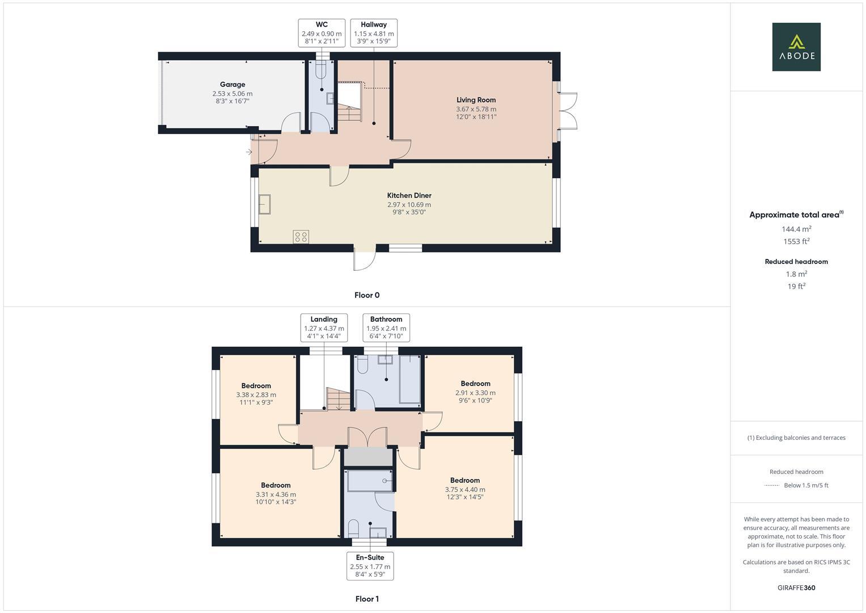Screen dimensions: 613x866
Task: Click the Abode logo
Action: pos(796,47)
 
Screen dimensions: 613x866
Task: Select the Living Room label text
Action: pos(476,100)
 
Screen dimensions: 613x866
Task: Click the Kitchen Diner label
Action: pos(409,195)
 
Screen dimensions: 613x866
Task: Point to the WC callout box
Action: pos(322,33)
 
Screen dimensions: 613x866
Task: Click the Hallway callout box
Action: pos(373,33)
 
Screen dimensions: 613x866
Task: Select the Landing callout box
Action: pos(324,328)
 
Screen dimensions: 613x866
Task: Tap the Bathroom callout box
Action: pos(386,328)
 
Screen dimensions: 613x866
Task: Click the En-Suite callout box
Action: pos(370,566)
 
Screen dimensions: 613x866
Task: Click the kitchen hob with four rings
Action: pos(301,237)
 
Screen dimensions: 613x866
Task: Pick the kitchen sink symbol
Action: pos(265,204)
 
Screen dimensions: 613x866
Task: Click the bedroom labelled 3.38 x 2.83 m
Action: pos(256,394)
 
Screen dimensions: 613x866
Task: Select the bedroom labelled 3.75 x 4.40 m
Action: pos(465,488)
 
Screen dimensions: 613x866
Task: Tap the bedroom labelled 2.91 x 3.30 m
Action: pos(475,392)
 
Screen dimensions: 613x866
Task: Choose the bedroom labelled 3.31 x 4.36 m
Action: pos(276,493)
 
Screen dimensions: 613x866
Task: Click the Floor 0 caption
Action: pos(367,295)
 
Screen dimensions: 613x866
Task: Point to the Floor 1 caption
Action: pos(367,599)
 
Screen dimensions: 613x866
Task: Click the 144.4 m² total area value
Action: pos(796,229)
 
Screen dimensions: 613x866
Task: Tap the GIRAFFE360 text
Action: pos(796,587)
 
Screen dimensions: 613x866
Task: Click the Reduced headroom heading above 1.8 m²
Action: pos(796,262)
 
